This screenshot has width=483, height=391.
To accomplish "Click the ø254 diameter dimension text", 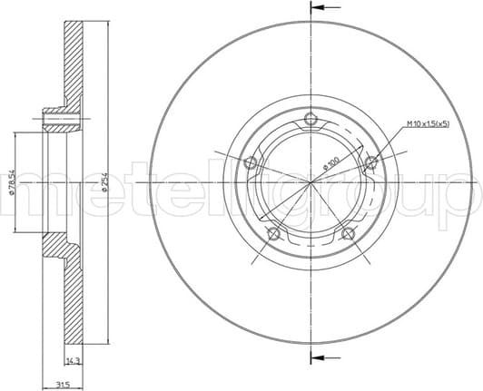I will pyautogui.click(x=105, y=183).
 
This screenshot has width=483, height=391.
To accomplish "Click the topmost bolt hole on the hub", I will pyautogui.click(x=312, y=119).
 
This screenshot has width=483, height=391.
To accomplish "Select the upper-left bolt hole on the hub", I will pyautogui.click(x=251, y=163).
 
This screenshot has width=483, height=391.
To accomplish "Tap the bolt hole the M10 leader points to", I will pyautogui.click(x=371, y=163).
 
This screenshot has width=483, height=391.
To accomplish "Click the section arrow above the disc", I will pyautogui.click(x=320, y=7).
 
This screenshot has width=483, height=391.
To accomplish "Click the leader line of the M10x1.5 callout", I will pyautogui.click(x=390, y=145).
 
